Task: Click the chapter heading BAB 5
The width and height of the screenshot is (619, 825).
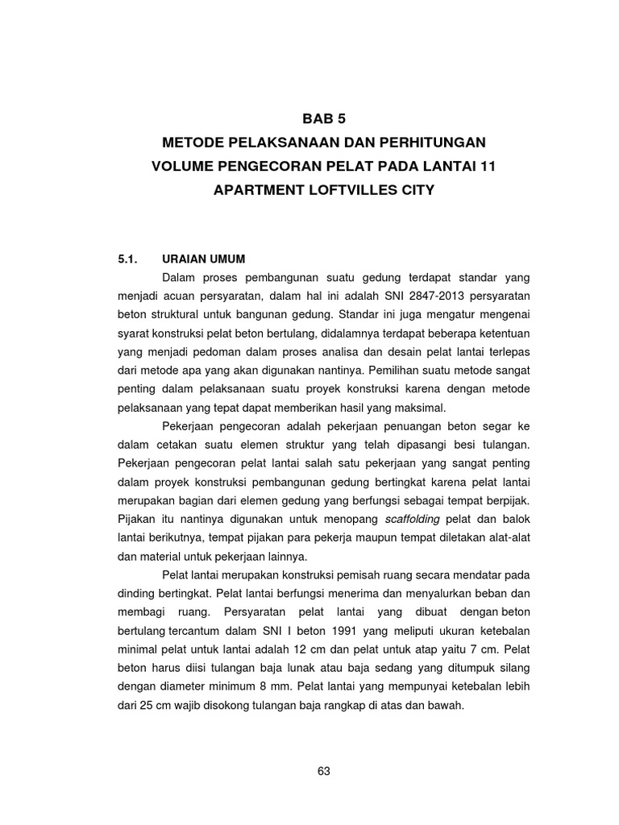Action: pos(324,119)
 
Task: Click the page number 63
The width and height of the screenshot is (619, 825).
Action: pos(324,771)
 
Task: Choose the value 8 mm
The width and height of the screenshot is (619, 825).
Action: pos(278,686)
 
